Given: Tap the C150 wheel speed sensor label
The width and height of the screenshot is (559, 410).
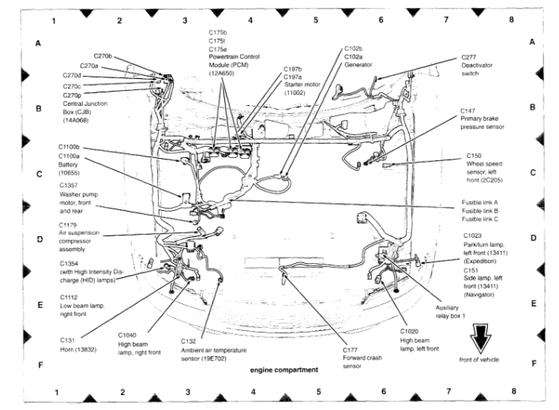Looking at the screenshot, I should click(x=482, y=167).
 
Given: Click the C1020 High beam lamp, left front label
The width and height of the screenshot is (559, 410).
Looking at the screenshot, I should click(x=418, y=342).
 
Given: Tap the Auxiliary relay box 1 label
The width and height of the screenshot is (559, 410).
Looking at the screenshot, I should click(x=451, y=311).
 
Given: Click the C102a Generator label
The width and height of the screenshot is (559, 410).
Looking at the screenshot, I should click(x=360, y=60).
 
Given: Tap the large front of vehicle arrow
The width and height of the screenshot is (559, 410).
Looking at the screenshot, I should click(x=479, y=339).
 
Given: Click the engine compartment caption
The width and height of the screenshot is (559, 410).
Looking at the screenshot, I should click(x=284, y=369).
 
